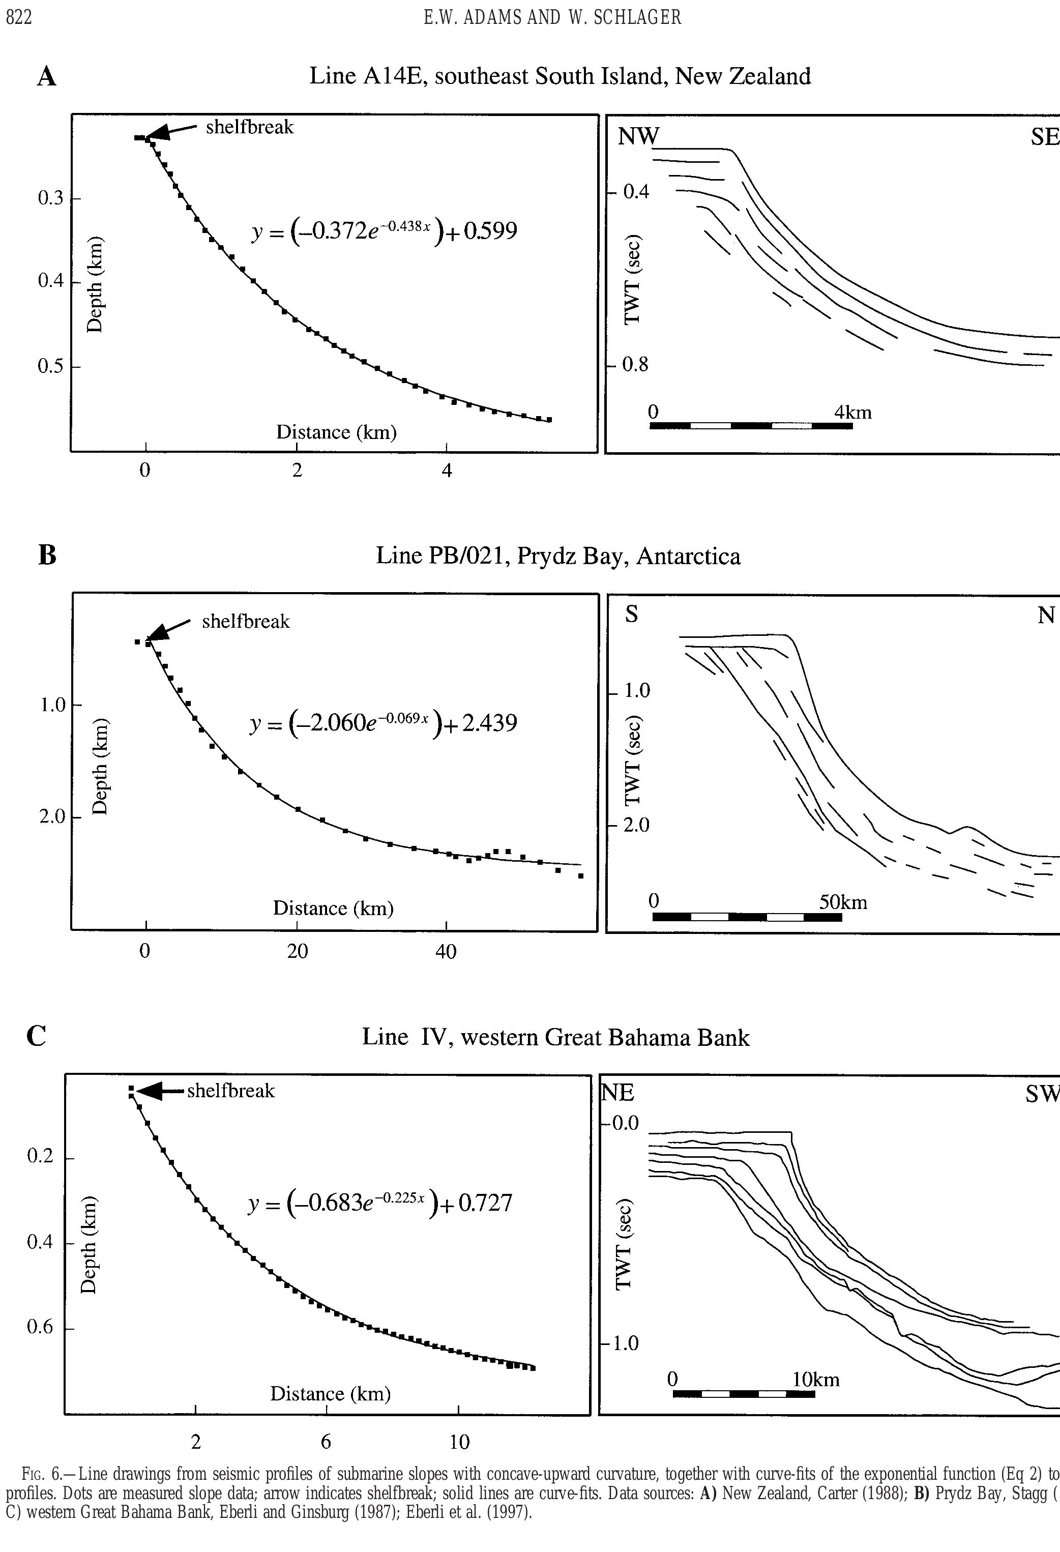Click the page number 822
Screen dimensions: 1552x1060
pyautogui.click(x=19, y=18)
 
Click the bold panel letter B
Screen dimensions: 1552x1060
pyautogui.click(x=47, y=555)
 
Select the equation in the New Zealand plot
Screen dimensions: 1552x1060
pyautogui.click(x=384, y=232)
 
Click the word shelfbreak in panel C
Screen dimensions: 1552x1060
pyautogui.click(x=230, y=1091)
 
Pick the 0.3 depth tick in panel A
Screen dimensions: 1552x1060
pyautogui.click(x=50, y=198)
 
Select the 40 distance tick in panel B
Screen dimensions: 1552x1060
pyautogui.click(x=446, y=951)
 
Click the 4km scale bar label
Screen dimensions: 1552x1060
pyautogui.click(x=853, y=412)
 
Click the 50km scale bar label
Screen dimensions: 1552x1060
pyautogui.click(x=843, y=902)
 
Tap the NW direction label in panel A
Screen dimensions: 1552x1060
pyautogui.click(x=638, y=136)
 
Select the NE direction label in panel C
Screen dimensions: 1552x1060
pyautogui.click(x=618, y=1093)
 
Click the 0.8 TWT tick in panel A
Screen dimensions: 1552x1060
pyautogui.click(x=635, y=365)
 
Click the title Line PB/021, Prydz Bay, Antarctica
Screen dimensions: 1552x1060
pyautogui.click(x=557, y=555)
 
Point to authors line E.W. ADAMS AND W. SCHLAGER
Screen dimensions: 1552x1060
pyautogui.click(x=552, y=18)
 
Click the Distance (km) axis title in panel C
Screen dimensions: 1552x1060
pyautogui.click(x=330, y=1394)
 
